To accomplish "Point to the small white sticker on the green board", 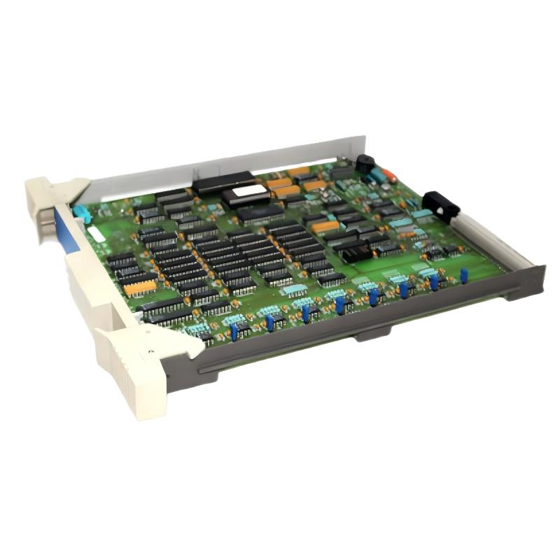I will tap(98, 236).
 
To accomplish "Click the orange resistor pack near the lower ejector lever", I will tap(140, 288).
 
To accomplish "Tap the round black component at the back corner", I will tap(365, 164).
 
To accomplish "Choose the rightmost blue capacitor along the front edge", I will tap(464, 276).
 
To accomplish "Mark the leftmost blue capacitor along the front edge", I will tap(234, 332).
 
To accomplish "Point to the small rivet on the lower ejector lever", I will tap(152, 347).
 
